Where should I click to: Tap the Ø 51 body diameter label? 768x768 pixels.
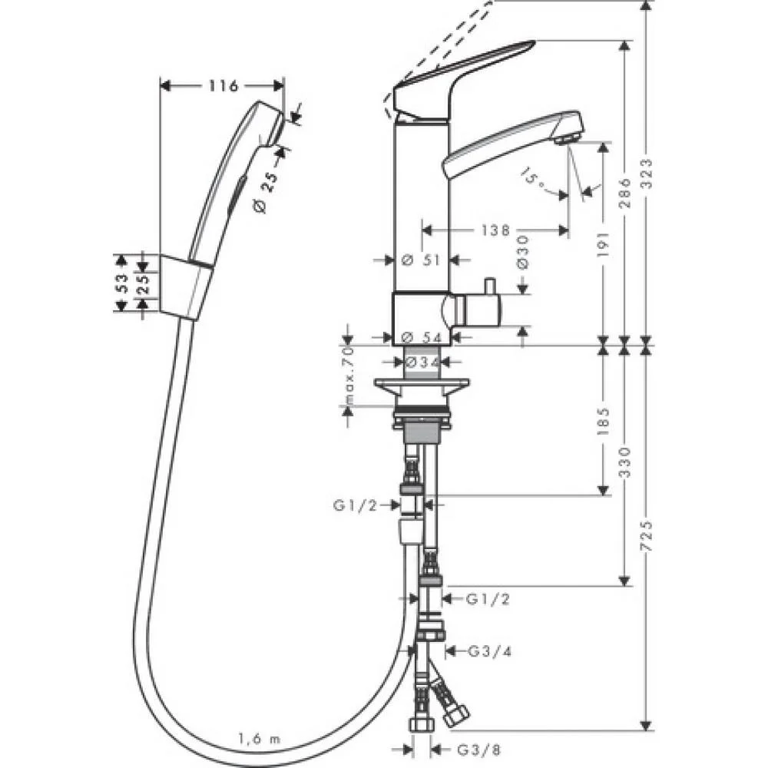coord(422,260)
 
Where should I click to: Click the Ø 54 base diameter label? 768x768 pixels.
coord(422,337)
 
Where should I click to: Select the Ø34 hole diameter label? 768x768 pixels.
coord(422,361)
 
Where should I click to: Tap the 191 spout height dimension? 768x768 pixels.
coord(603,243)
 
